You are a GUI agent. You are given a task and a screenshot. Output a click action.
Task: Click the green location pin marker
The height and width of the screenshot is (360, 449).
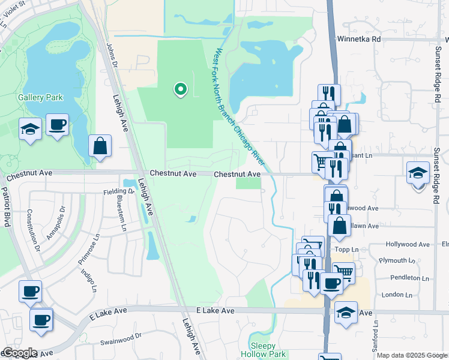pos(179,89)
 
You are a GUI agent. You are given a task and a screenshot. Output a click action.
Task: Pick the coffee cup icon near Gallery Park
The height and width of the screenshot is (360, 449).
pos(58,125)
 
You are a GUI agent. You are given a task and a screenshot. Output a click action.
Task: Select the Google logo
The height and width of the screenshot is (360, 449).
pos(19,353)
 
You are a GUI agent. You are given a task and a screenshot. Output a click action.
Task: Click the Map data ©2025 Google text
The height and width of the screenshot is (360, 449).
pos(412,355)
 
